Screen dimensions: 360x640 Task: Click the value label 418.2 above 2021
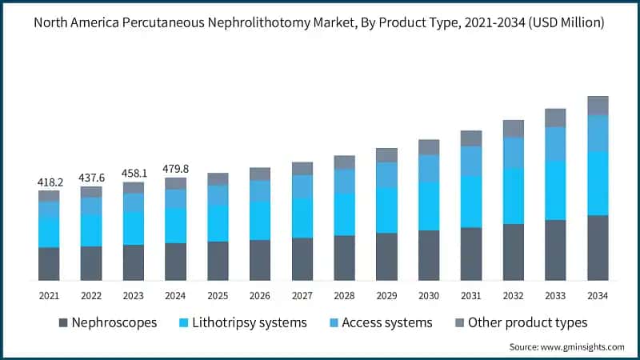click(49, 182)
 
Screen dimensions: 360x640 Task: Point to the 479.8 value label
click(175, 169)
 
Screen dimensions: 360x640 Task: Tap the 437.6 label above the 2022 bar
click(91, 178)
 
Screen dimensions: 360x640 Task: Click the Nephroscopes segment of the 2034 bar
click(598, 247)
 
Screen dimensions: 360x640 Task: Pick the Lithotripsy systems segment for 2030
click(429, 206)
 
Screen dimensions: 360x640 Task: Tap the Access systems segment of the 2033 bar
click(555, 144)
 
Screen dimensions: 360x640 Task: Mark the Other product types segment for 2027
click(302, 168)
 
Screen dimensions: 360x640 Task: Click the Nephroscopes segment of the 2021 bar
click(49, 263)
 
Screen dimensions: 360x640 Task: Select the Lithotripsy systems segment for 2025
click(218, 223)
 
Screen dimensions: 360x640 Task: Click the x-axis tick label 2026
click(260, 296)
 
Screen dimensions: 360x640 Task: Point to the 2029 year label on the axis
click(386, 296)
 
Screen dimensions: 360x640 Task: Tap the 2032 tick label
click(513, 296)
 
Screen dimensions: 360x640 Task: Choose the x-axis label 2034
click(598, 296)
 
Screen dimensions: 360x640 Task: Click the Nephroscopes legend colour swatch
click(62, 323)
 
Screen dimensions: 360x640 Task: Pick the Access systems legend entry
click(386, 323)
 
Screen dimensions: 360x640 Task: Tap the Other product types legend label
click(527, 323)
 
